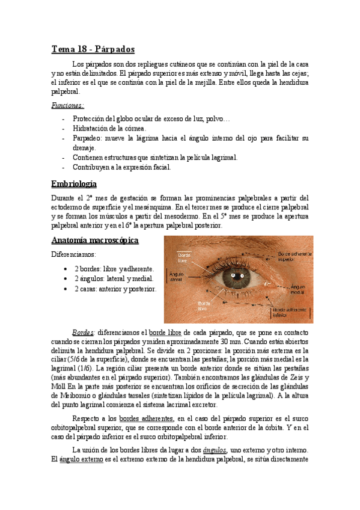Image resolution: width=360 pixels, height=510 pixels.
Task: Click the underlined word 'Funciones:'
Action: [x=67, y=105]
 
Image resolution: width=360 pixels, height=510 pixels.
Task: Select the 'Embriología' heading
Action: [x=74, y=184]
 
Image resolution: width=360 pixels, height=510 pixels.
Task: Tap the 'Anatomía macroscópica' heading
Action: [x=94, y=241]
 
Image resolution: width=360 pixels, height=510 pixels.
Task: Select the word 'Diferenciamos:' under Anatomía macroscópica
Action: [x=75, y=254]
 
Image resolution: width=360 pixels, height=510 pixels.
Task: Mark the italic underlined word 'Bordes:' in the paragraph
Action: [x=83, y=333]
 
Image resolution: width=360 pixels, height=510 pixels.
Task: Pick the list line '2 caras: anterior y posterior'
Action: [x=115, y=289]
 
